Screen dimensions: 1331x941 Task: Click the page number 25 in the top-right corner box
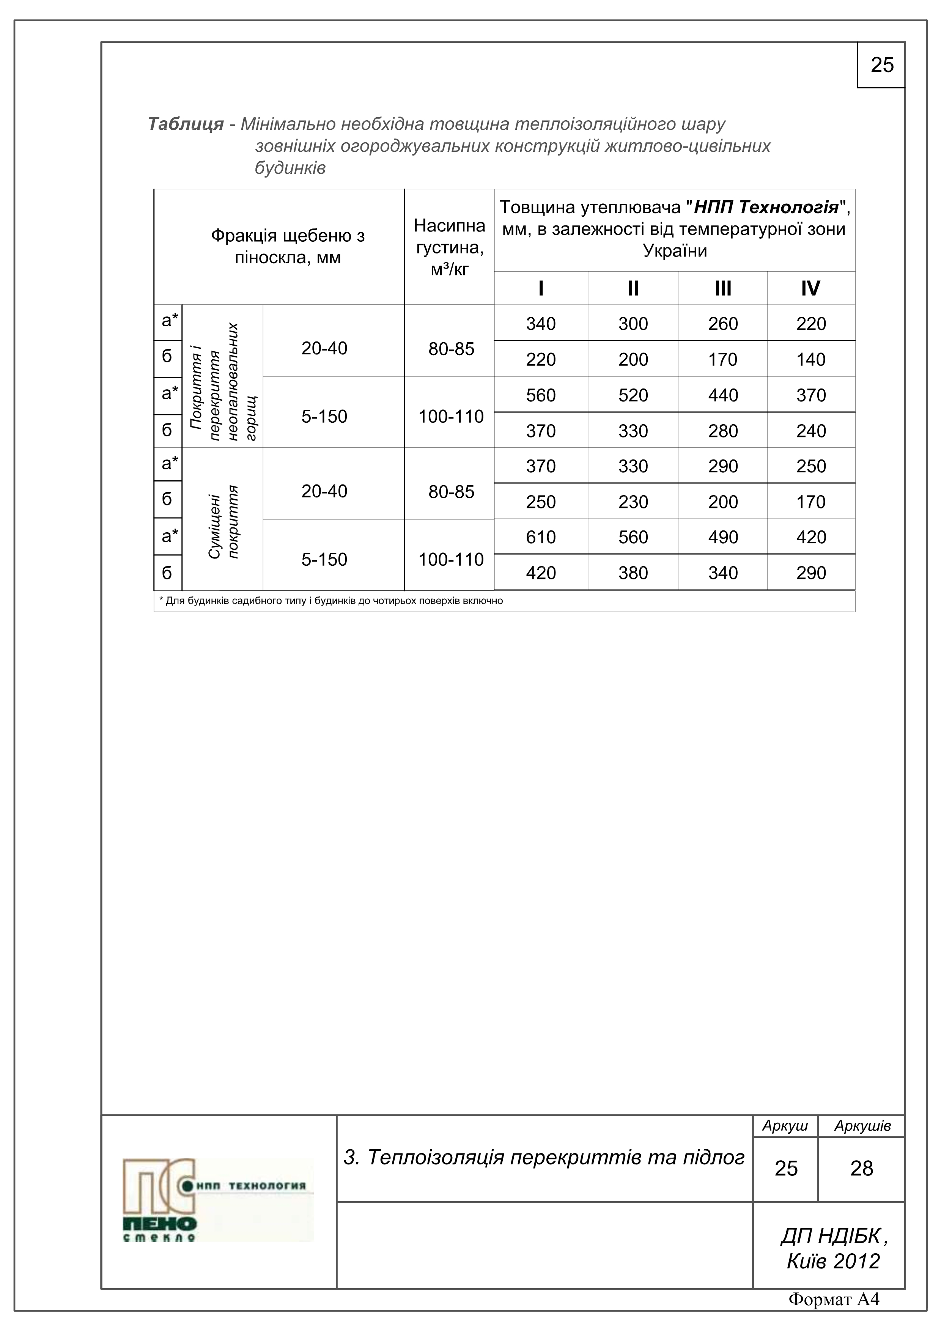point(881,65)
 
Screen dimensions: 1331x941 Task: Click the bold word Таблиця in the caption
point(186,124)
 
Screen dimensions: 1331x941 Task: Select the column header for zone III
point(722,288)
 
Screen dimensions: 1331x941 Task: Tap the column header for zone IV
point(810,288)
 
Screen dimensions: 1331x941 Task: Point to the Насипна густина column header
point(449,247)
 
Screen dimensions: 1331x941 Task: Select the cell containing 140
point(810,359)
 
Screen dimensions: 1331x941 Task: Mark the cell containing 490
point(722,537)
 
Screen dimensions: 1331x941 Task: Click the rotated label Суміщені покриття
point(223,522)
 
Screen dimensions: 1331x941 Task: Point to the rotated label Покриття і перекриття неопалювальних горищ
point(223,382)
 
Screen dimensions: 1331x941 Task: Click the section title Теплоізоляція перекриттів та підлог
point(544,1158)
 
